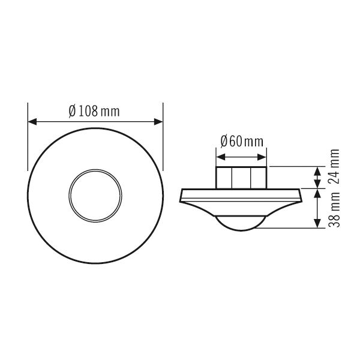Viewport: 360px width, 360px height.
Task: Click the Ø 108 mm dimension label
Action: point(95,111)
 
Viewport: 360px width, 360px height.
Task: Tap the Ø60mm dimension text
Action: point(242,142)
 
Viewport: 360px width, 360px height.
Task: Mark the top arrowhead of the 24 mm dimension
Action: point(316,169)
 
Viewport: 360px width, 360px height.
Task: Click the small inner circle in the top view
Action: point(96,195)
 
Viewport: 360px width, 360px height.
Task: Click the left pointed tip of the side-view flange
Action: point(180,198)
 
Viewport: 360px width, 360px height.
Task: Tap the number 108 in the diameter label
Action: point(88,111)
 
